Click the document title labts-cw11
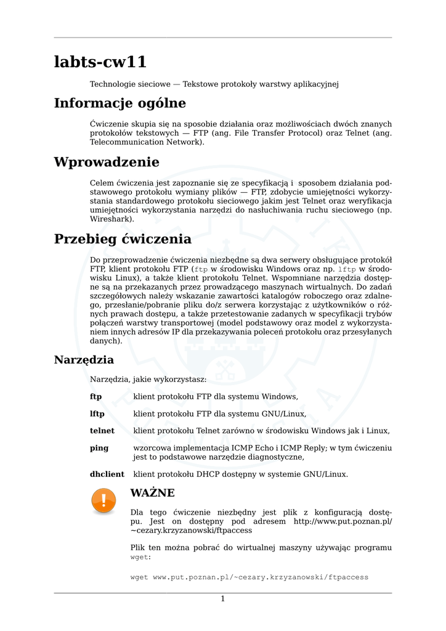[x=100, y=62]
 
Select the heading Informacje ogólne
[x=120, y=103]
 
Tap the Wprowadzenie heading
[x=107, y=162]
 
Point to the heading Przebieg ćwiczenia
[x=123, y=239]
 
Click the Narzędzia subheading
[x=84, y=360]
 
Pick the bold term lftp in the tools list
[x=97, y=413]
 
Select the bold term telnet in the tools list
[x=102, y=431]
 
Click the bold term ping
[x=99, y=448]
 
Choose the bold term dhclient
[x=107, y=474]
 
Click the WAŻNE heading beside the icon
[x=153, y=493]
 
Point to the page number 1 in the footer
[x=223, y=599]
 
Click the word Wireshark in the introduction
[x=111, y=219]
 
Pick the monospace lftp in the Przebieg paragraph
[x=347, y=269]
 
